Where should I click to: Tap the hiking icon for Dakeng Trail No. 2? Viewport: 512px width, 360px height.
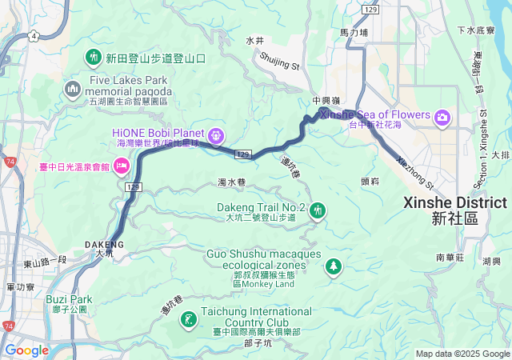click(318, 210)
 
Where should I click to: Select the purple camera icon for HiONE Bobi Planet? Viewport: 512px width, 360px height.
click(215, 136)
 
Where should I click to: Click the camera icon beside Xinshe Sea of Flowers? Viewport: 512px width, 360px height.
click(442, 118)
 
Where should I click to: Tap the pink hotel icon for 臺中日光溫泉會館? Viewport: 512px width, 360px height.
click(122, 166)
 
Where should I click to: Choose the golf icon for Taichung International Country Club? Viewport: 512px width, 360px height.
click(189, 320)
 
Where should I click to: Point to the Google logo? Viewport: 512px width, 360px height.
click(26, 350)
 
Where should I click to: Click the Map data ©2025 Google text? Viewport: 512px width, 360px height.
click(462, 354)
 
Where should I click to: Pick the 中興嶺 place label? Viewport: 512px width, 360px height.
click(326, 100)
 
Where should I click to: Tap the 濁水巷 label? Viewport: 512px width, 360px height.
click(231, 182)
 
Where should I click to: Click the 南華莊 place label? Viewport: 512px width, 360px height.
click(450, 258)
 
